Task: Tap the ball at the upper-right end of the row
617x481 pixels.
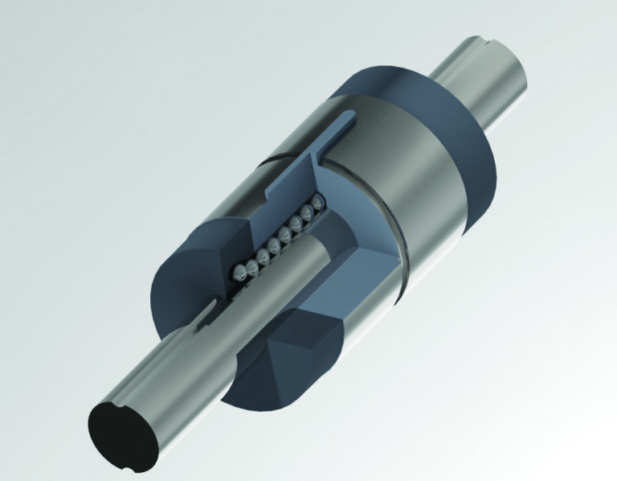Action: [316, 202]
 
